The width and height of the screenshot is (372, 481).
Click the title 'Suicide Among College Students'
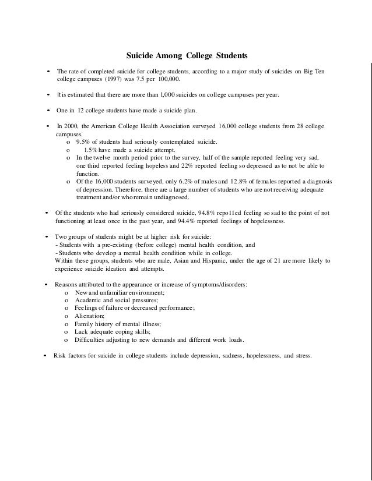pos(187,56)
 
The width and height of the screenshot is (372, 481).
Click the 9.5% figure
pos(84,142)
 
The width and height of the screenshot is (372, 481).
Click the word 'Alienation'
pos(90,315)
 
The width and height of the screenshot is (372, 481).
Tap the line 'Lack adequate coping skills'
pos(113,331)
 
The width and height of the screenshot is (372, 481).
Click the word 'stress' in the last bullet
pos(301,355)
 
